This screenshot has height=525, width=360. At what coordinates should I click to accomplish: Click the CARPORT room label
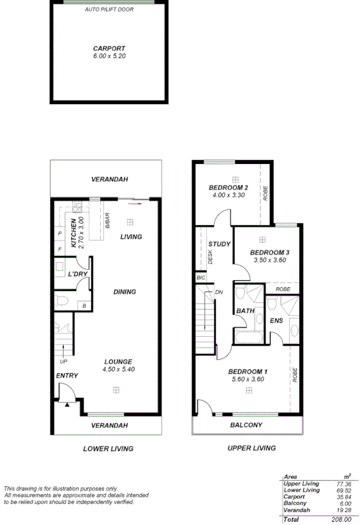[x=109, y=48]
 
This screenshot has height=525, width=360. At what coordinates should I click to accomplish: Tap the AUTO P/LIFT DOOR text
[x=109, y=10]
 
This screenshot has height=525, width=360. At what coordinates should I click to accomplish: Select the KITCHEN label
[x=73, y=232]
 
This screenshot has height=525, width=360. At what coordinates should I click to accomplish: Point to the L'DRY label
[x=78, y=274]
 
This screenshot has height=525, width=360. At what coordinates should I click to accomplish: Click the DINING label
[x=124, y=292]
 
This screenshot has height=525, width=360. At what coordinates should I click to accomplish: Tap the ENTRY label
[x=67, y=376]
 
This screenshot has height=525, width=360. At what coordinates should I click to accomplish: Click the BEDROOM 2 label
[x=229, y=188]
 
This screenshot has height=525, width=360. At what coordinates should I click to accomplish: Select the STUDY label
[x=220, y=244]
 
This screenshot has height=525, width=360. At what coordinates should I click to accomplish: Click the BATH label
[x=246, y=311]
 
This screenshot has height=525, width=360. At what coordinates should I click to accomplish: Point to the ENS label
[x=277, y=321]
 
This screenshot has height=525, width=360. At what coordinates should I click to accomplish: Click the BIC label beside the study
[x=200, y=278]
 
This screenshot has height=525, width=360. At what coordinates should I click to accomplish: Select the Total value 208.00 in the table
[x=341, y=520]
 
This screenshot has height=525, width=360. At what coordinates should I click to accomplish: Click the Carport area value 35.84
[x=342, y=496]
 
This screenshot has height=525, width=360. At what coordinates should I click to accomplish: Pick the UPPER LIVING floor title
[x=251, y=448]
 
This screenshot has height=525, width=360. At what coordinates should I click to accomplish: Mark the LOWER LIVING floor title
[x=109, y=449]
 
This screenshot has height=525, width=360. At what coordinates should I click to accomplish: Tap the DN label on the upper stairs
[x=219, y=292]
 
